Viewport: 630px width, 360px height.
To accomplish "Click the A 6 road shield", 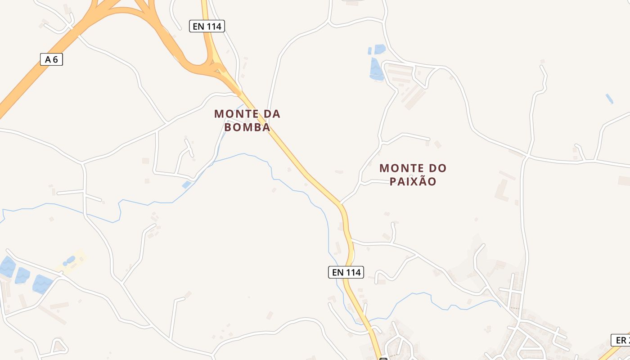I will tap(51, 59).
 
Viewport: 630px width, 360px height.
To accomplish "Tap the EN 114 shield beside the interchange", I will tap(207, 26).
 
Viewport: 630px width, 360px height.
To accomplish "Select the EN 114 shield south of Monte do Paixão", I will tap(346, 272).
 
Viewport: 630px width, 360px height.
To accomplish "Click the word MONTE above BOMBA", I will tap(237, 114).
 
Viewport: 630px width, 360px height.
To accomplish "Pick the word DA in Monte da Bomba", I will tap(272, 114).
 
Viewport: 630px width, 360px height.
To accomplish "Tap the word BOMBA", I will tap(247, 127).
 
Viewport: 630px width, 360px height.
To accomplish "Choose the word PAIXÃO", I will tap(413, 182).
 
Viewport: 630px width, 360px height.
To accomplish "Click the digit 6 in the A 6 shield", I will tap(56, 59).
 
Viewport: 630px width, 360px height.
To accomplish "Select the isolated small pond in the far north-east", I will tap(609, 99).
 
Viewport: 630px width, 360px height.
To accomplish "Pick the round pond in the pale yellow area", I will tap(70, 260).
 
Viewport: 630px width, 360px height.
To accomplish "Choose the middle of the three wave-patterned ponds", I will tap(22, 275).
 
